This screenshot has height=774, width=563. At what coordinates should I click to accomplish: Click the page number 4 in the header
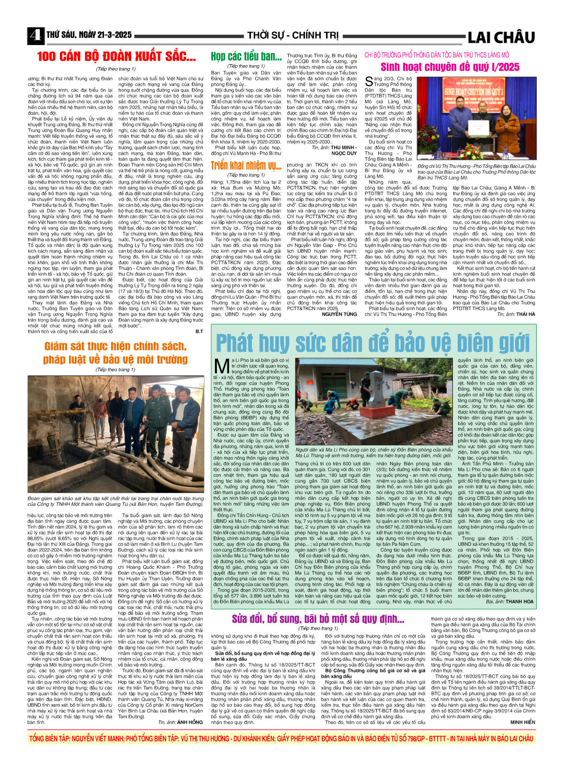[x=35, y=35]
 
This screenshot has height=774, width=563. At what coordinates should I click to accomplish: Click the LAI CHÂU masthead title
[x=501, y=37]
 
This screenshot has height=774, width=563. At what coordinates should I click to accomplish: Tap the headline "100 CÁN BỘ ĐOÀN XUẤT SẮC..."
[x=116, y=57]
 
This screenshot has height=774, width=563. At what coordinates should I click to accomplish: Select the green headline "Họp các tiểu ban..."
[x=246, y=57]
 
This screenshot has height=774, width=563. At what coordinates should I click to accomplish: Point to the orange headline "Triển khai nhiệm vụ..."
[x=246, y=166]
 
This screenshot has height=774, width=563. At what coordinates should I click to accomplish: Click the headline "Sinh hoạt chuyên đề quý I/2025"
[x=450, y=67]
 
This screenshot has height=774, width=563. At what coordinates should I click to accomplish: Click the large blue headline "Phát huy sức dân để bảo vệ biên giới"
[x=372, y=343]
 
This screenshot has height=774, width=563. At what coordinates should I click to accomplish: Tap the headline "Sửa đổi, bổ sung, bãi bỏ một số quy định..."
[x=318, y=619]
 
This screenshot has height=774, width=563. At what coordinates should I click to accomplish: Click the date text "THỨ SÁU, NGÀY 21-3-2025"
[x=89, y=35]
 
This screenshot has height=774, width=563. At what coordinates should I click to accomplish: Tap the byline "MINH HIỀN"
[x=522, y=722]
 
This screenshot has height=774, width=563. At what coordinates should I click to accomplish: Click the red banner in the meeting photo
[x=476, y=91]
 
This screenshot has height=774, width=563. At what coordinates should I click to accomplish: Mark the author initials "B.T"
[x=199, y=331]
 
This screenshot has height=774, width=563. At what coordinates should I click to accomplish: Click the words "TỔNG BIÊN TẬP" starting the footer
[x=49, y=739]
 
